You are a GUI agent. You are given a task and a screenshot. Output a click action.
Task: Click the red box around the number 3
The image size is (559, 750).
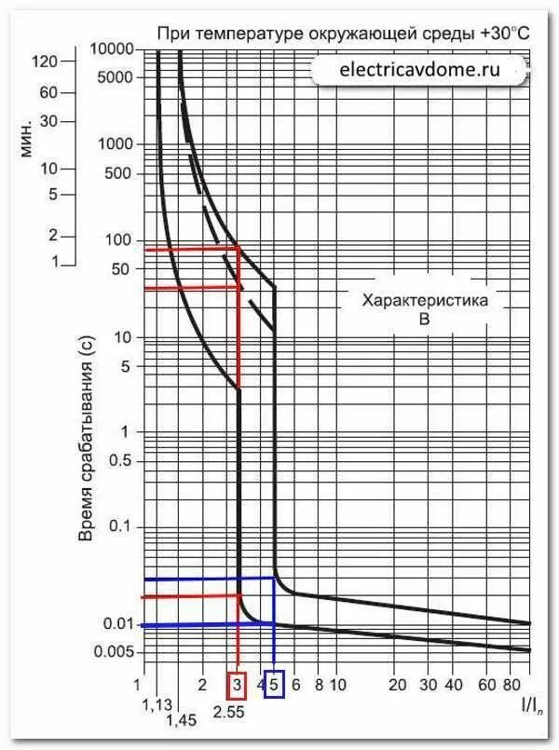click(238, 685)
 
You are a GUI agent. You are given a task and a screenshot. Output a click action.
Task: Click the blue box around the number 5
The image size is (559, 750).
click(274, 685)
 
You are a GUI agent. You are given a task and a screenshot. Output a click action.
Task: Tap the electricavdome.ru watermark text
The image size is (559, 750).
click(419, 69)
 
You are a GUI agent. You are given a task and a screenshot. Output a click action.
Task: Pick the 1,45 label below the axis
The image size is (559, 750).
click(183, 720)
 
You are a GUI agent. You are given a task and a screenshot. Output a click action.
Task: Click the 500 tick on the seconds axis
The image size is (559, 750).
click(120, 174)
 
